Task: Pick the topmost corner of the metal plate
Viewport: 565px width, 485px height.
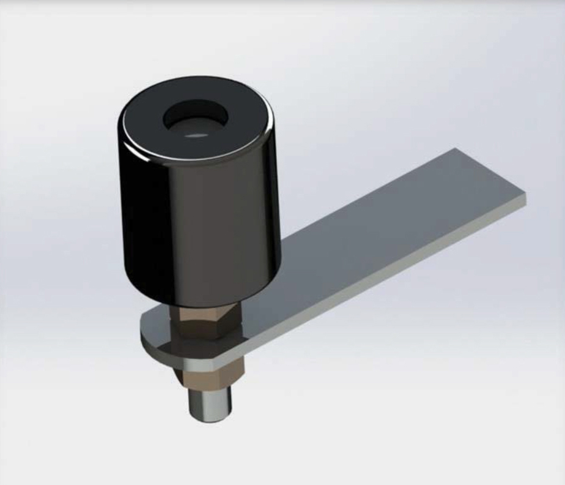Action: pyautogui.click(x=454, y=149)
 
